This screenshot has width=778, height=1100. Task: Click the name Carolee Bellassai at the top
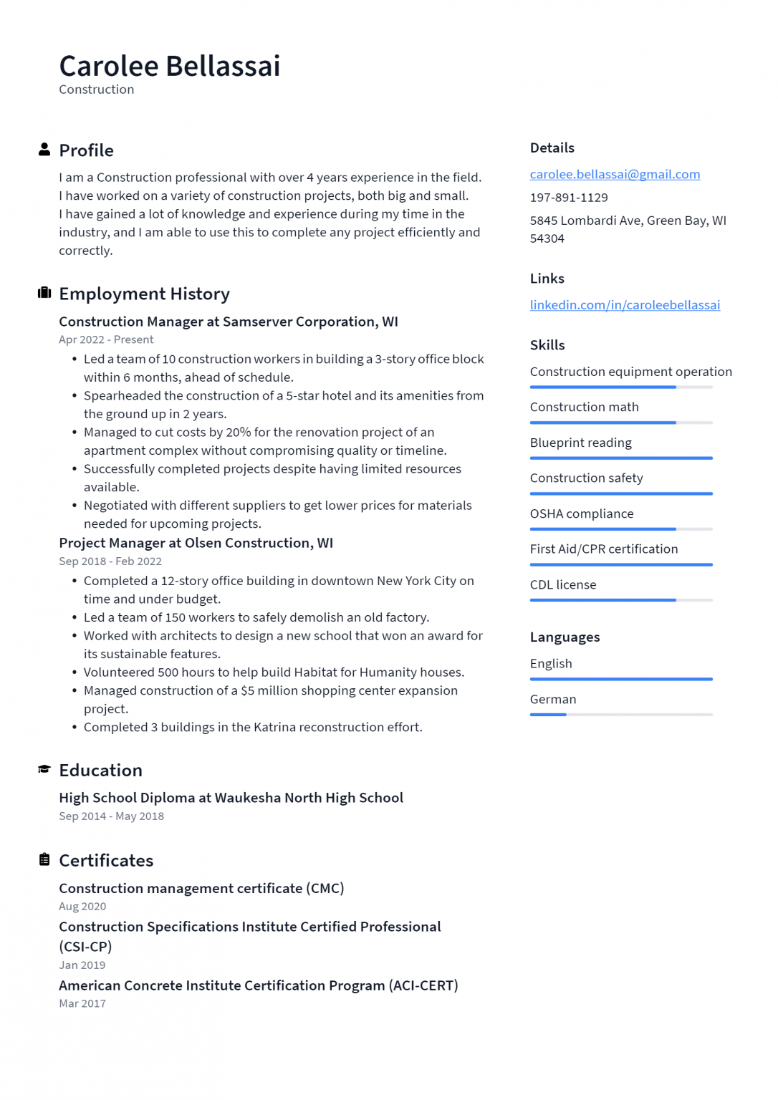(x=170, y=66)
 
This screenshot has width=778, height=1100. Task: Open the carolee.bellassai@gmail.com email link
(x=615, y=174)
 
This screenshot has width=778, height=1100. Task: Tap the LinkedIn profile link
(x=625, y=305)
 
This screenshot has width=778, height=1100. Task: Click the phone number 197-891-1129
(x=569, y=198)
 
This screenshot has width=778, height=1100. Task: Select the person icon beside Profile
(x=44, y=150)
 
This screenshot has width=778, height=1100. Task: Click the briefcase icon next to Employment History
(x=44, y=293)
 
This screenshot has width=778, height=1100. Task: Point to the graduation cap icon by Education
(x=44, y=769)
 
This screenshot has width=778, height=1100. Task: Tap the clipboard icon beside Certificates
(x=44, y=859)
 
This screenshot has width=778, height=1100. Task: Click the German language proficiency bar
(x=621, y=715)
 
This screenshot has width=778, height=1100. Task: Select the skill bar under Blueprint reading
(x=621, y=458)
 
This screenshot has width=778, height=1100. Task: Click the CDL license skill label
(x=563, y=585)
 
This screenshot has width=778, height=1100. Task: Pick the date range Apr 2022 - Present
(x=106, y=340)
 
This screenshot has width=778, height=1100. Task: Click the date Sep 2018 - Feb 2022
(x=110, y=561)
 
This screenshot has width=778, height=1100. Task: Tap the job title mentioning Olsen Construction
(x=196, y=543)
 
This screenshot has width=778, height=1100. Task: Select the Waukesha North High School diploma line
(x=231, y=798)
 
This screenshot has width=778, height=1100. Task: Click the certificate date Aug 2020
(x=82, y=907)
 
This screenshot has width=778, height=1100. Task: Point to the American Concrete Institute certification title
(x=258, y=985)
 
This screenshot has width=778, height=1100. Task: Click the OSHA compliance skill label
(x=582, y=514)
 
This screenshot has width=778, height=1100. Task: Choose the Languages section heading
(x=565, y=637)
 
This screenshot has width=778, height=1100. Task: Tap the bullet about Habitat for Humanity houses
(x=274, y=672)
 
